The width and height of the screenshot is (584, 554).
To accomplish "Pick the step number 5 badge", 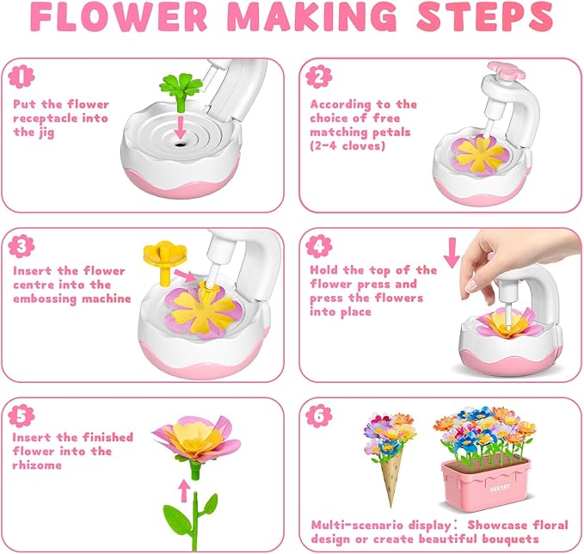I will coord(19,414).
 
